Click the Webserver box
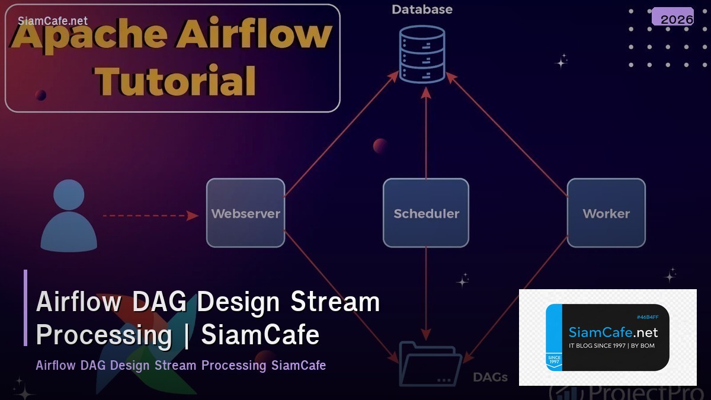[245, 213]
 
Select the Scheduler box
[426, 213]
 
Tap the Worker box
[606, 213]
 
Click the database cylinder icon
[422, 54]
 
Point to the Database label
[422, 9]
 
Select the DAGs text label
[490, 377]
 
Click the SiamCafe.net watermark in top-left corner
[53, 21]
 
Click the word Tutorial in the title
[177, 81]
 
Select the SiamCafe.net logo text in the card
[613, 332]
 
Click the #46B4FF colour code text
[648, 318]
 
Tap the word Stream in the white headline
[335, 302]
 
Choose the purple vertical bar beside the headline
[25, 308]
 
